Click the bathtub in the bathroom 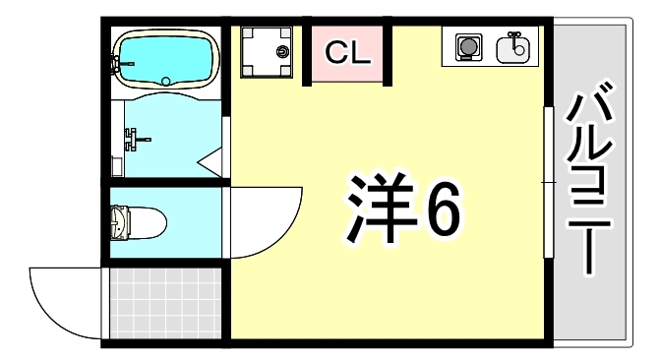164,59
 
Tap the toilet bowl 138,220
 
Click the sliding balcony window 547,183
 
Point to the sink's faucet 512,40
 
